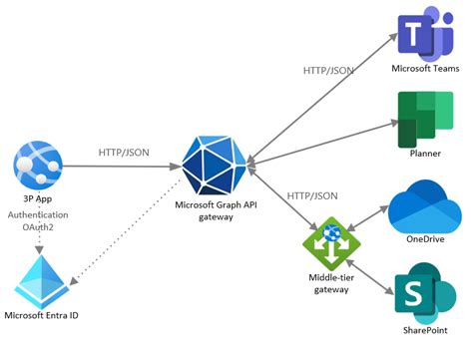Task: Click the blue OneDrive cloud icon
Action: [x=423, y=205]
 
